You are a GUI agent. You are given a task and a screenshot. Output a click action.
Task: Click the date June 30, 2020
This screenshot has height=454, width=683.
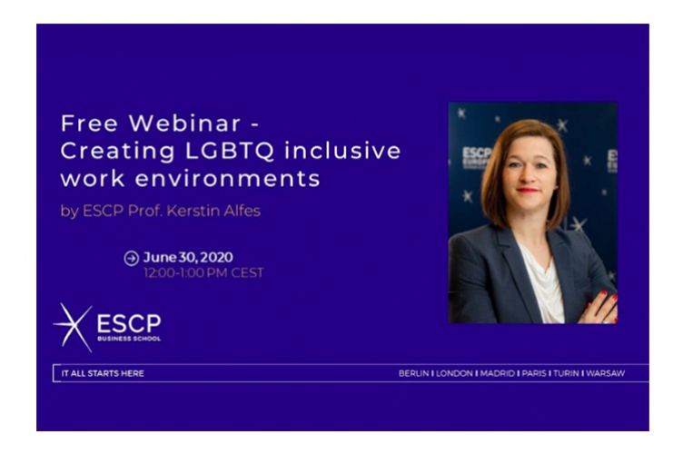tap(188, 258)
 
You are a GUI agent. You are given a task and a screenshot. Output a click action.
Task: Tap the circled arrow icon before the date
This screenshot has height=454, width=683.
tap(132, 258)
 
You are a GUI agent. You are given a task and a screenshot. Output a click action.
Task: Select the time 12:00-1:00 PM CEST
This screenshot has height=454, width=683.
tap(203, 273)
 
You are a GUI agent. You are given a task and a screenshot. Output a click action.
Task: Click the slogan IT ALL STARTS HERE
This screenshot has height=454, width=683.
tap(103, 373)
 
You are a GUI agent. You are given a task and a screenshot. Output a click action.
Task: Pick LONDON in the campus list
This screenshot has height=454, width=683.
tap(454, 373)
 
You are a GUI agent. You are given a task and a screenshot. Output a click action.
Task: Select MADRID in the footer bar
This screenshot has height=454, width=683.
tap(497, 373)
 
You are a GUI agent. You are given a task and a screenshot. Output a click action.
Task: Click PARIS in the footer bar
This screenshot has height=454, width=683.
tap(534, 373)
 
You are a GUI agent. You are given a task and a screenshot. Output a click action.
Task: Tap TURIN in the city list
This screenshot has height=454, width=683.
tap(567, 373)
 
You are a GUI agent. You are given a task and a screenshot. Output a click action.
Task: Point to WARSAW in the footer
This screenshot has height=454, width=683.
tap(606, 373)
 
